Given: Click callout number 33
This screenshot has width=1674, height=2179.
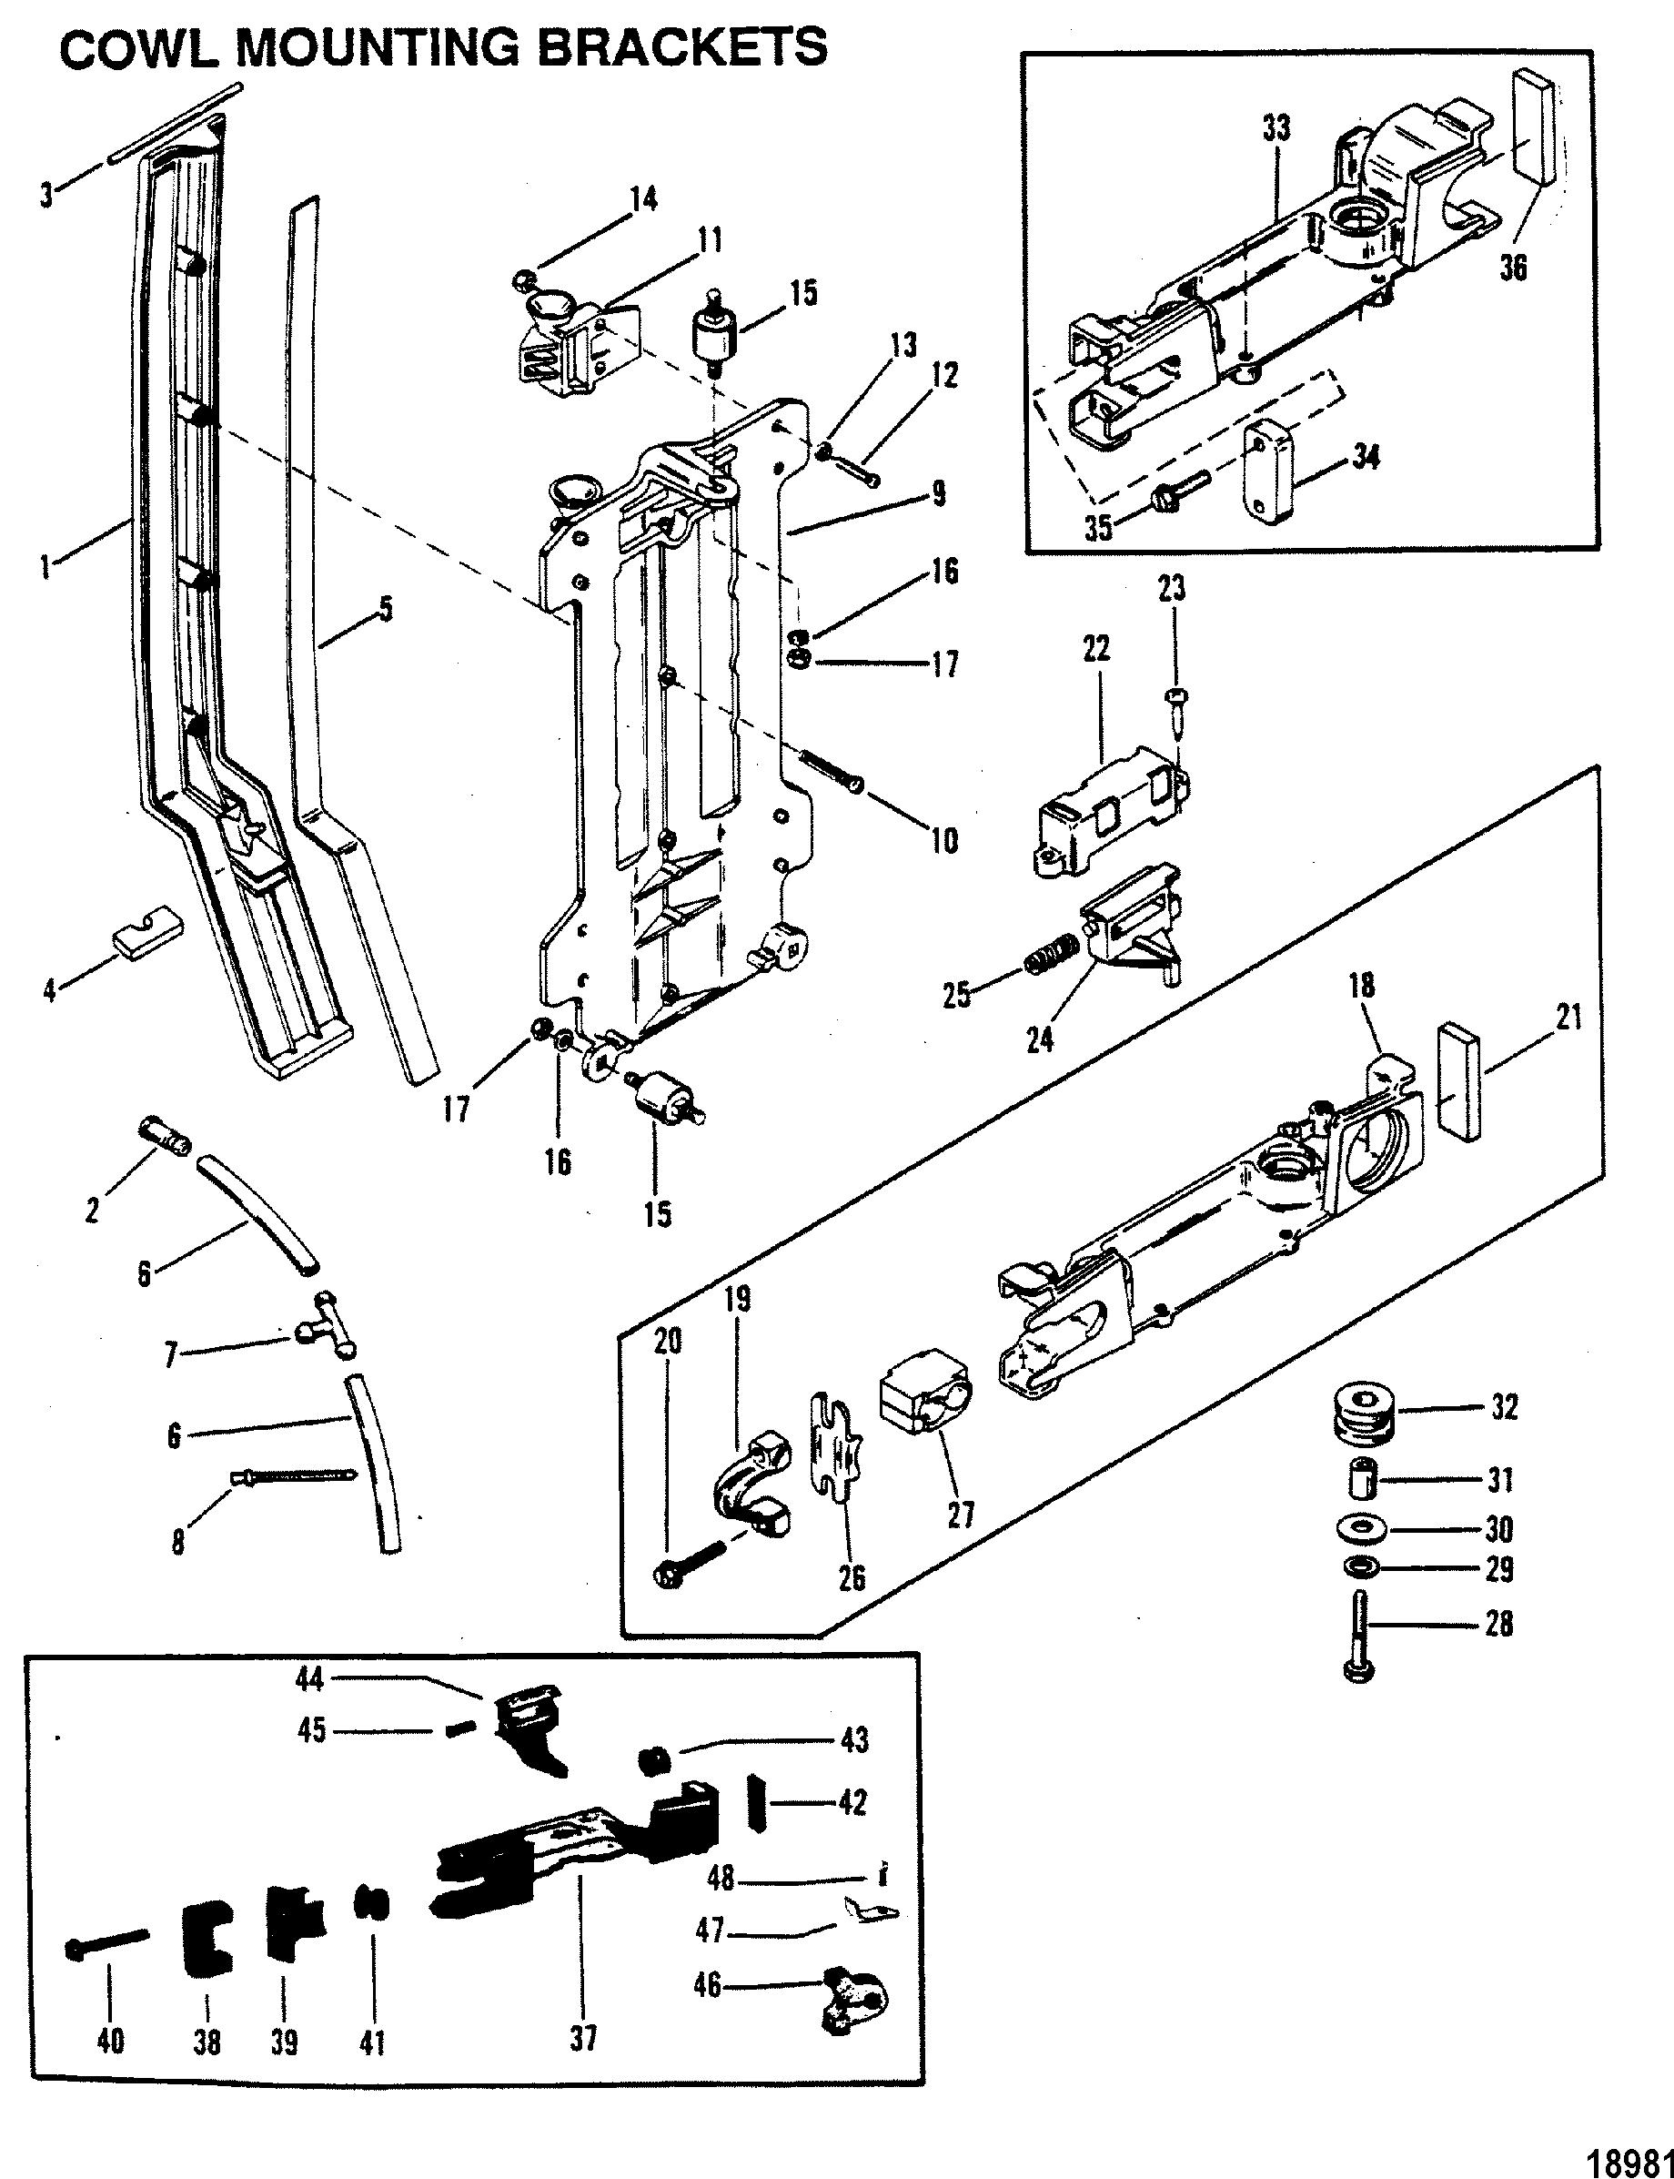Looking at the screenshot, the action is point(1276,128).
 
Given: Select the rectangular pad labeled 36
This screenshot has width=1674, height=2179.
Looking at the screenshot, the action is point(1534,127).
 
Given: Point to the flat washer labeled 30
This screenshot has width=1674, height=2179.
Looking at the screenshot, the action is point(1361,1527).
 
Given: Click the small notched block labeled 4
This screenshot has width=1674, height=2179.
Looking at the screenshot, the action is point(146,931).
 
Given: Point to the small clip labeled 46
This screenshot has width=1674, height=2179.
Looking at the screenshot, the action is point(853,1993).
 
